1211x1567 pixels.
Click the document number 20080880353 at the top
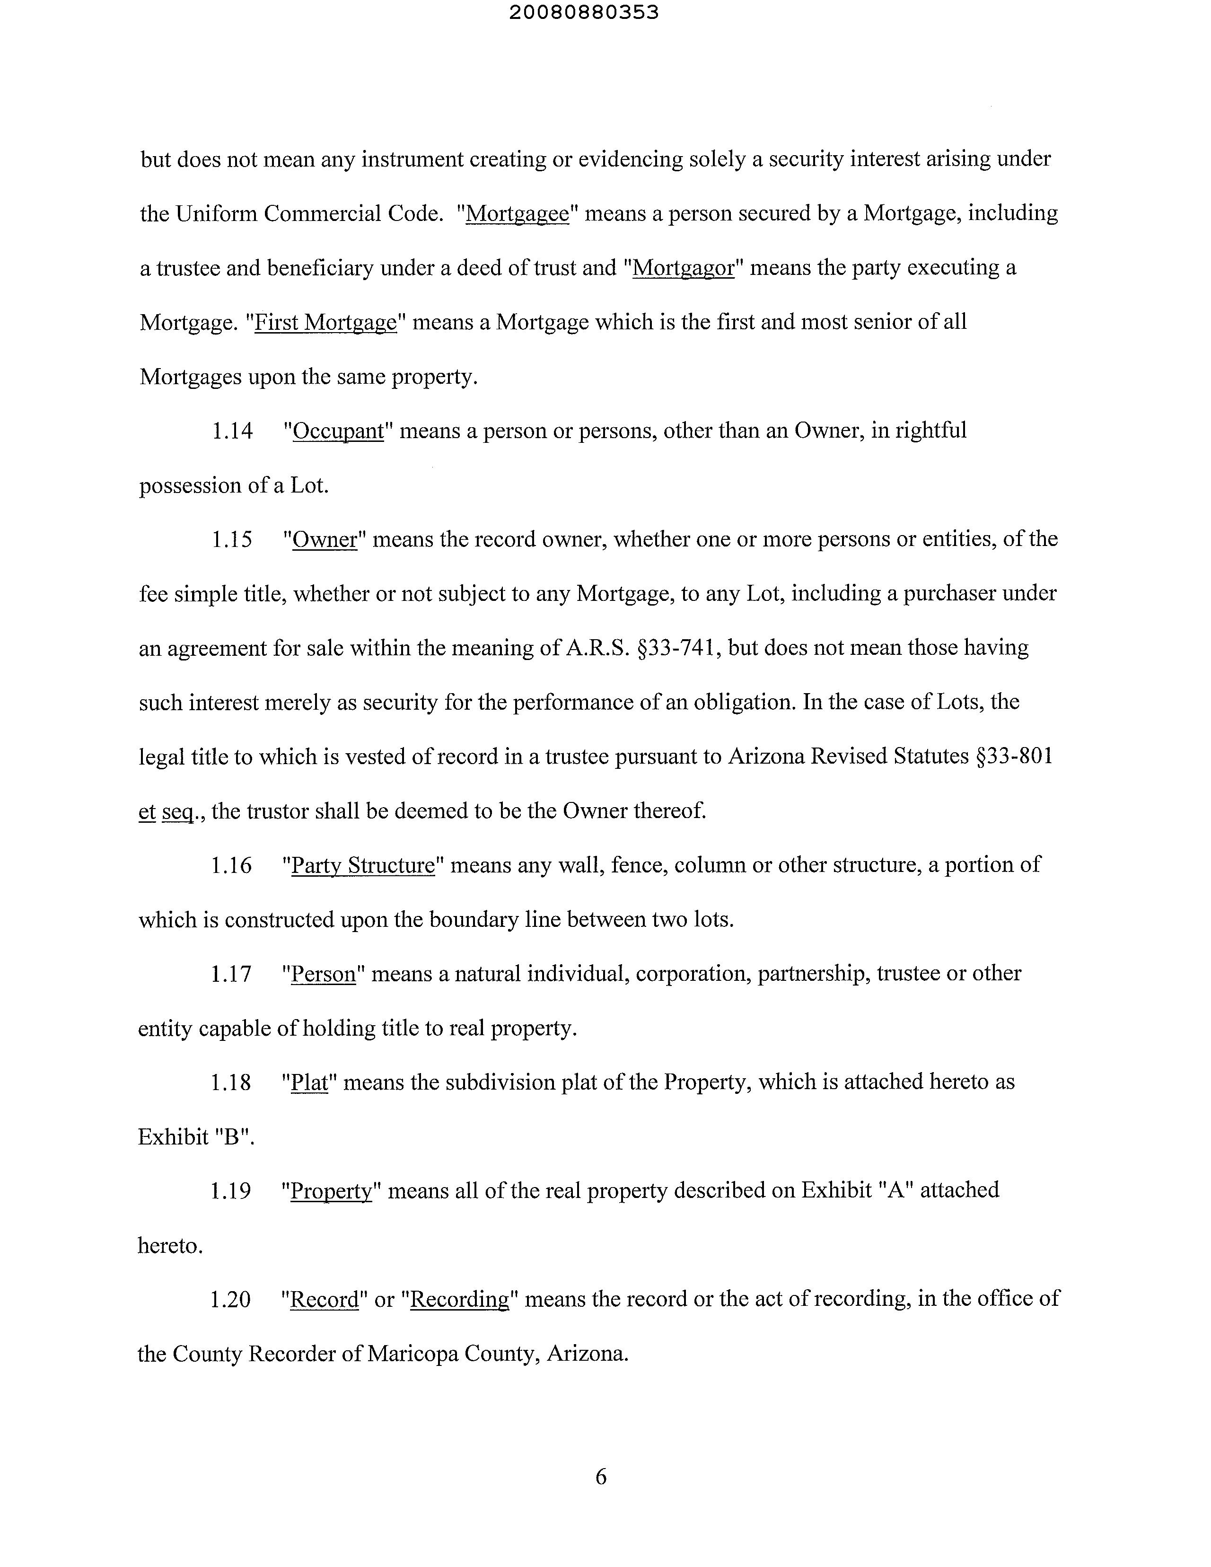pos(584,13)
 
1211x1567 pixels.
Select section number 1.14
pos(232,431)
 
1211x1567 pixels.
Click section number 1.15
pos(232,539)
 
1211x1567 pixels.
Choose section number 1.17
pos(231,974)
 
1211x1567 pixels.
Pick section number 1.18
pos(231,1082)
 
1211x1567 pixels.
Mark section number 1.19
pos(230,1191)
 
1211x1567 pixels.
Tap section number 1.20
pos(230,1299)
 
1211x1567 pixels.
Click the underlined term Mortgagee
pos(517,214)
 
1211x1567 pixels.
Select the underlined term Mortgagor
pos(684,268)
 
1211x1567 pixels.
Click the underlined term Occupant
pos(339,431)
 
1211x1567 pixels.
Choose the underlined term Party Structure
pos(363,865)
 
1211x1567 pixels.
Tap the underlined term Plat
pos(309,1082)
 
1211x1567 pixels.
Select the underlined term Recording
pos(459,1299)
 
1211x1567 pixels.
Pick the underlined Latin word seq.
pos(178,811)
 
